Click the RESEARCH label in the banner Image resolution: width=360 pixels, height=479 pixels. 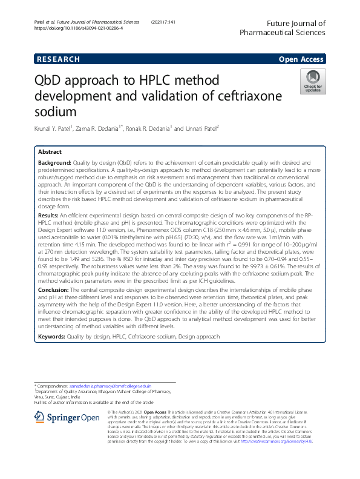tap(58, 59)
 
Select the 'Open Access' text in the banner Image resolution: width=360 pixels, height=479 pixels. tap(302, 59)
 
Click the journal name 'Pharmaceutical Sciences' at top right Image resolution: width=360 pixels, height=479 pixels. tap(283, 34)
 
